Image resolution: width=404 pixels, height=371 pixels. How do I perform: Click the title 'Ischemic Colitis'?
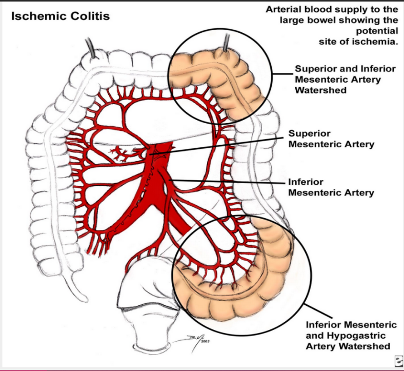(x=60, y=16)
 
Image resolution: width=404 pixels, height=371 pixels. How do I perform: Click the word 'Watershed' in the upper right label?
(x=320, y=90)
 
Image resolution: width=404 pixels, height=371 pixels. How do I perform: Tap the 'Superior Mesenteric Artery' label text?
(x=331, y=139)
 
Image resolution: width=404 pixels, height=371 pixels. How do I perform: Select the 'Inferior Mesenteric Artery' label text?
(x=331, y=187)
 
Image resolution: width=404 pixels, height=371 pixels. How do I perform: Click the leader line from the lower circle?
(x=318, y=311)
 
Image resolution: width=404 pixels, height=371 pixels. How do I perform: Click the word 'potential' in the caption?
(x=377, y=31)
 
